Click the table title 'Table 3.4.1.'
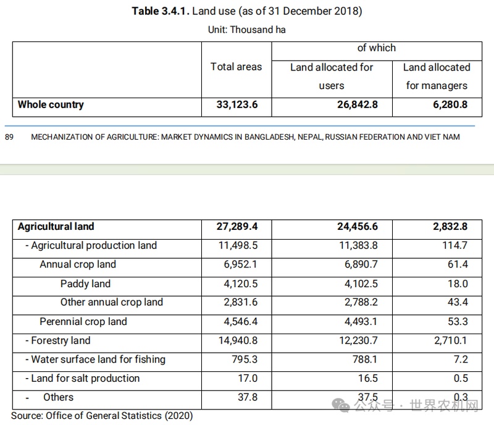[x=160, y=12]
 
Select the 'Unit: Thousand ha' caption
[x=247, y=29]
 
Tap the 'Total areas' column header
[x=236, y=67]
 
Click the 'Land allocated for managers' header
[x=437, y=76]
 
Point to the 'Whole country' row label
[x=51, y=104]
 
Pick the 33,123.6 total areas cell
[x=237, y=104]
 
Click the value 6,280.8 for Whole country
[x=450, y=104]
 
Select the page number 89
[x=9, y=137]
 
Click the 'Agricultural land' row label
[x=56, y=227]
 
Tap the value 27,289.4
[x=237, y=227]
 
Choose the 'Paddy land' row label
[x=85, y=284]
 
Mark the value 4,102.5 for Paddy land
[x=358, y=284]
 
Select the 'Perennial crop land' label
[x=83, y=321]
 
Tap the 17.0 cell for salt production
[x=247, y=378]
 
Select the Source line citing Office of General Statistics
[x=102, y=415]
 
